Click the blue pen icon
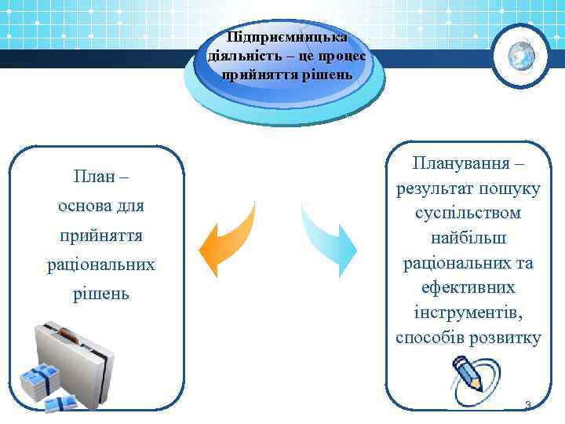[x=468, y=373]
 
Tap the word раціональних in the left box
[x=100, y=265]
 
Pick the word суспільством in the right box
[x=469, y=213]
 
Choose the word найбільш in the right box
[x=469, y=238]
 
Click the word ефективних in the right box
[x=469, y=287]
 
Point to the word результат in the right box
[x=433, y=188]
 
